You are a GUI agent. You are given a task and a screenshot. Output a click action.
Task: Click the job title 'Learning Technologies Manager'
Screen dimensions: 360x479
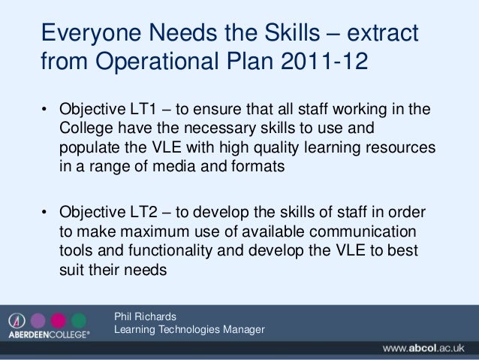coord(188,329)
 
